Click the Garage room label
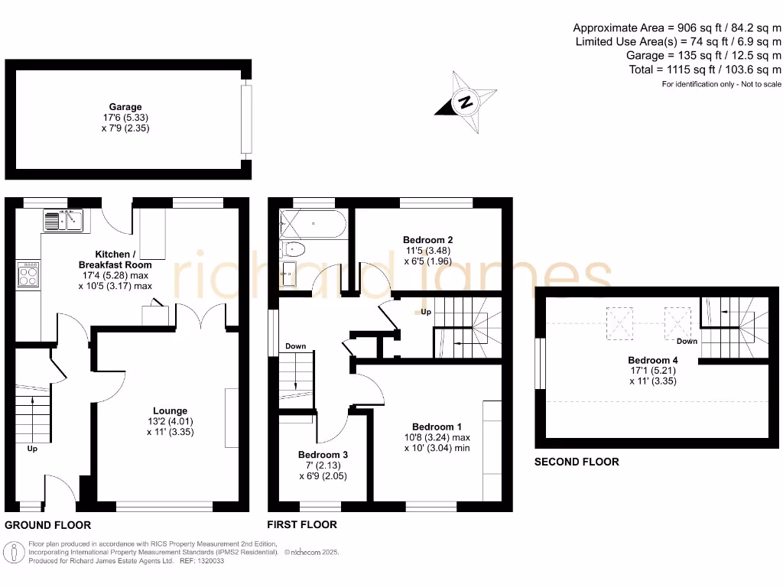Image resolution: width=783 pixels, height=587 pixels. pos(125,107)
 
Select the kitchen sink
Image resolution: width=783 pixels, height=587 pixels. pos(63,221)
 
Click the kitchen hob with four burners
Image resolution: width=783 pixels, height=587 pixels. pos(28,274)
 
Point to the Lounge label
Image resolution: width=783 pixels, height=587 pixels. pos(170,411)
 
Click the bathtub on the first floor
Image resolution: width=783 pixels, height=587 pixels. pos(314,224)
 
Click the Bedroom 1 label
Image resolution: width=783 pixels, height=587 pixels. pos(437,426)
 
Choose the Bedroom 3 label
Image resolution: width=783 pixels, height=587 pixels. pos(323,455)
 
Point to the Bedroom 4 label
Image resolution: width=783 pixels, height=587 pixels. pos(652,360)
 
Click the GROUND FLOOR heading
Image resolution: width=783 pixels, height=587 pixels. pos(48,525)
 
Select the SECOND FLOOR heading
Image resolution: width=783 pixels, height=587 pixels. pos(577,462)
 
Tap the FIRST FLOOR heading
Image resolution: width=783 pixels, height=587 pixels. pos(302,525)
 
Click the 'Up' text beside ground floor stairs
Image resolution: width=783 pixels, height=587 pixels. pos(32,449)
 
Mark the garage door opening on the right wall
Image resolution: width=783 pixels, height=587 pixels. pos(245,118)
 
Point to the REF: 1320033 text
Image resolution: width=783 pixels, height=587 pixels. pos(202,560)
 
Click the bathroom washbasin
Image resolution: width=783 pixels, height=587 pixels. pos(289,273)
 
